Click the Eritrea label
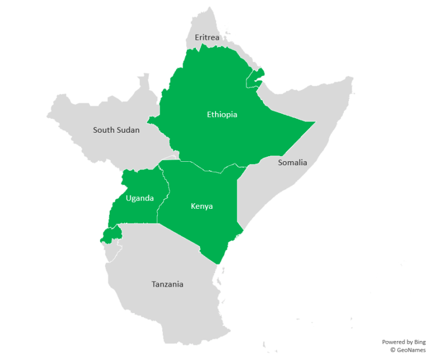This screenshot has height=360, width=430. click(x=207, y=38)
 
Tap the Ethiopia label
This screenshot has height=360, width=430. click(x=222, y=115)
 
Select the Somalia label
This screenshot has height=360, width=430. click(x=292, y=162)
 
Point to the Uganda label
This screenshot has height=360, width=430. click(x=139, y=198)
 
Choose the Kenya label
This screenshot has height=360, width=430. click(x=202, y=206)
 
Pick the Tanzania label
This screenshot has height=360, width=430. click(x=167, y=284)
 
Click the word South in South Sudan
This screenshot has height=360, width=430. click(x=104, y=130)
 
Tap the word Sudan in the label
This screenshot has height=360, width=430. click(x=128, y=130)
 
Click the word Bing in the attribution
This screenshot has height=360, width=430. click(x=419, y=342)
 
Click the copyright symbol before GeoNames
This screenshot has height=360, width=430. click(x=393, y=350)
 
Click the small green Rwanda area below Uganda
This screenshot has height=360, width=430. click(x=110, y=235)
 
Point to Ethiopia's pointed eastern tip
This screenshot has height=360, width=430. click(x=314, y=122)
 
